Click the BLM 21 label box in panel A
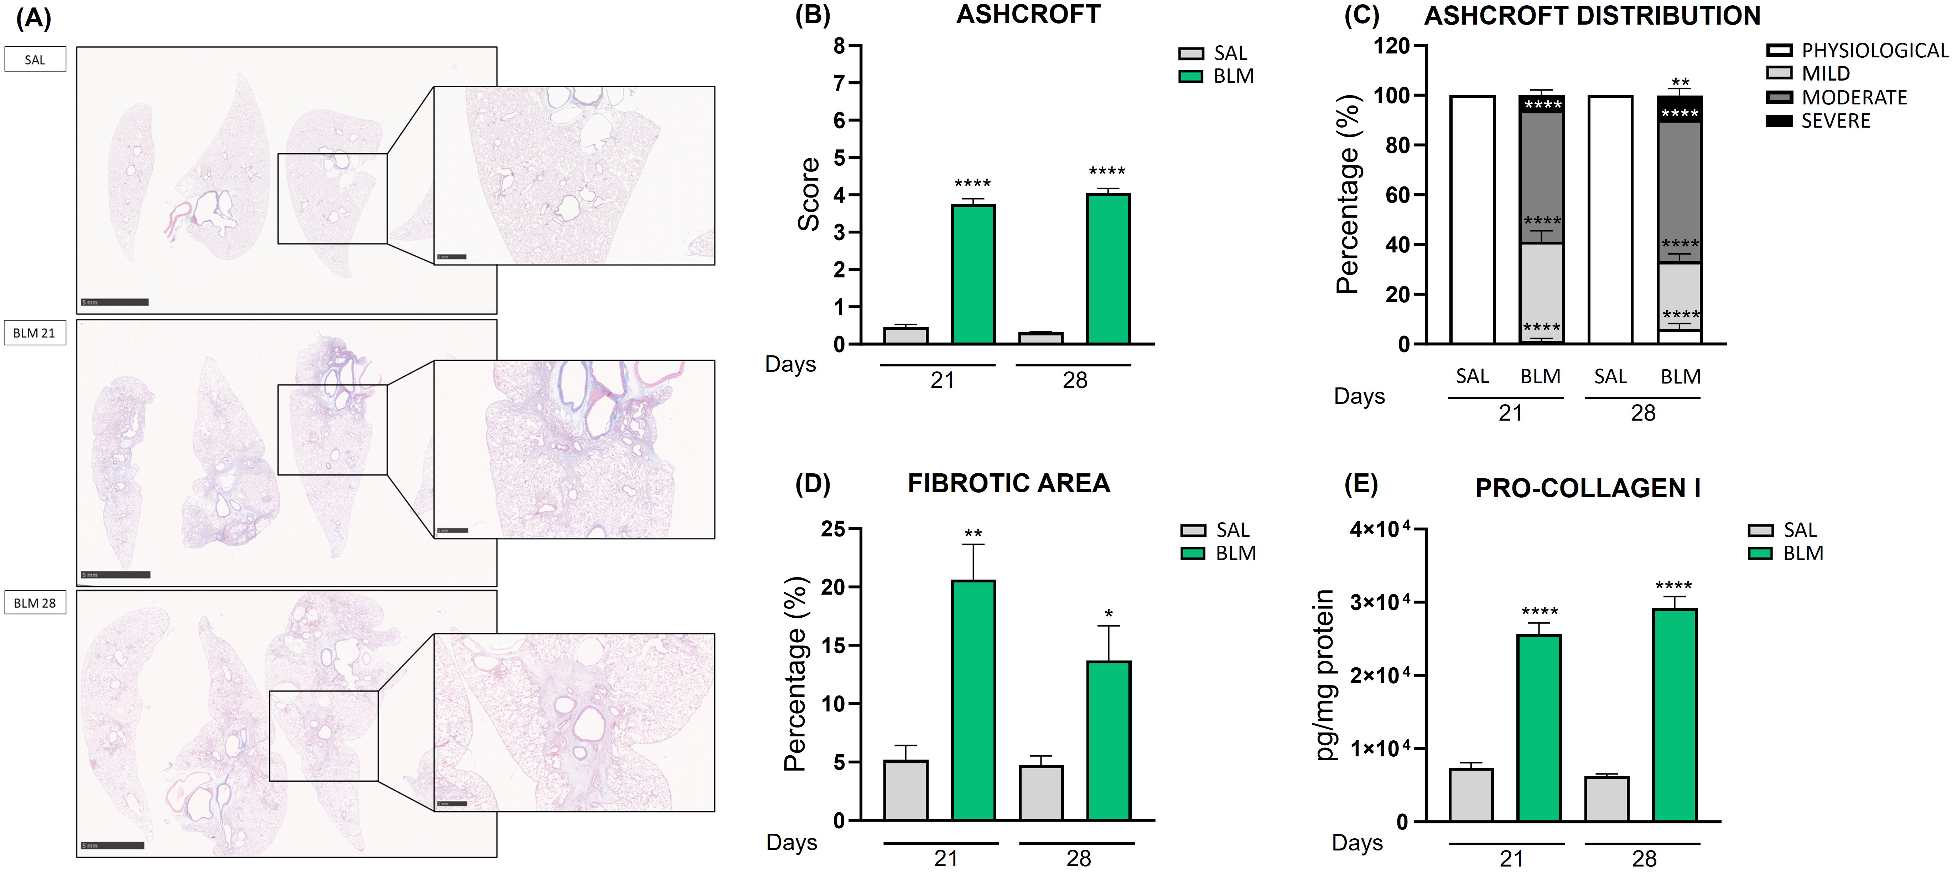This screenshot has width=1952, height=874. click(35, 333)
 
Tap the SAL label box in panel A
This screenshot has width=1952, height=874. click(35, 59)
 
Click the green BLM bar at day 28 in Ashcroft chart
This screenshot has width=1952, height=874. click(1108, 269)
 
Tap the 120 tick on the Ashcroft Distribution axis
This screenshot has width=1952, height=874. click(1392, 46)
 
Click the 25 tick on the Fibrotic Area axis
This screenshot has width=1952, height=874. click(834, 529)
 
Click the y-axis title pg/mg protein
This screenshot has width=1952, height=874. click(1325, 675)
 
